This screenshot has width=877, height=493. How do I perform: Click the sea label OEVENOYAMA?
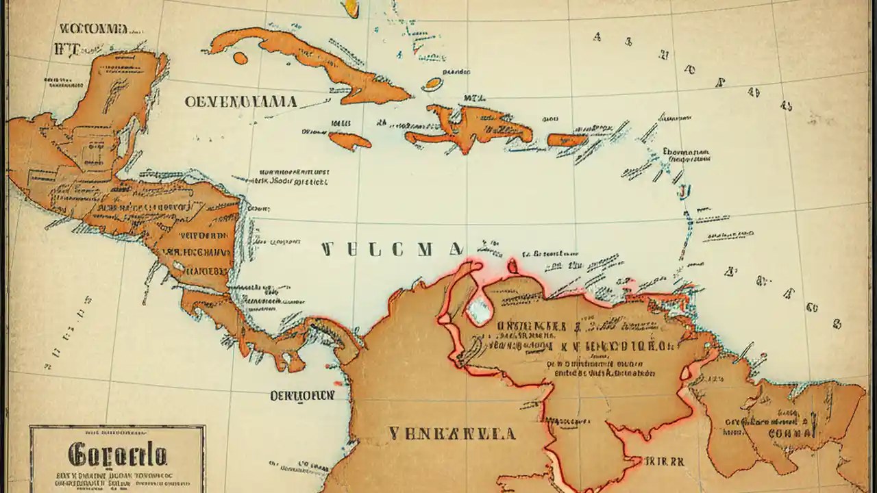pyautogui.click(x=240, y=102)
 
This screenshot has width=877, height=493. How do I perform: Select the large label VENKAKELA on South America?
pyautogui.click(x=452, y=433)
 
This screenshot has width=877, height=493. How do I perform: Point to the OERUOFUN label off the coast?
pyautogui.click(x=301, y=396)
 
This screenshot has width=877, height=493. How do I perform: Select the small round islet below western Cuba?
pyautogui.click(x=240, y=58)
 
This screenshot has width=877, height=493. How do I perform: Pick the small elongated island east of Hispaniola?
pyautogui.click(x=567, y=140)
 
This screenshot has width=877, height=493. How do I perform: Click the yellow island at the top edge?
pyautogui.click(x=350, y=8)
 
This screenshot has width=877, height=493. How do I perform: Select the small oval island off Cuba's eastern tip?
pyautogui.click(x=432, y=85)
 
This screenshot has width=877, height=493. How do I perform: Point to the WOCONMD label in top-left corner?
pyautogui.click(x=93, y=29)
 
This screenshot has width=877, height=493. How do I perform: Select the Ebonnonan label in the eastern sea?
pyautogui.click(x=686, y=152)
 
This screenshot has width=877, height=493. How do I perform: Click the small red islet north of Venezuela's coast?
pyautogui.click(x=512, y=265)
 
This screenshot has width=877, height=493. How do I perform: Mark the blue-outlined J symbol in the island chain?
pyautogui.click(x=682, y=190)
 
